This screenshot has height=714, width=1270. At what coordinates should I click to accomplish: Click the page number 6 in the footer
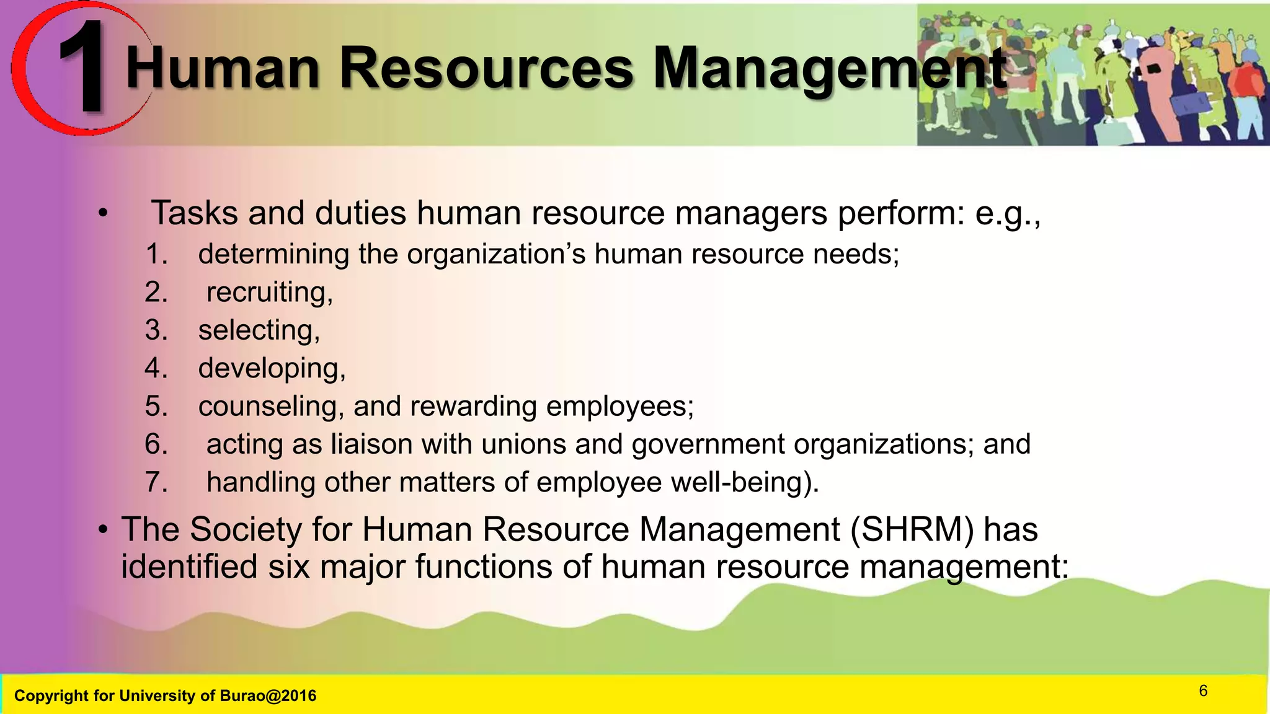click(x=1203, y=690)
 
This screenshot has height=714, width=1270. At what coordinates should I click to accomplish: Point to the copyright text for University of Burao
click(x=165, y=695)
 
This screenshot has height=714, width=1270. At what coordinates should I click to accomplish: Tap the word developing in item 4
click(x=272, y=369)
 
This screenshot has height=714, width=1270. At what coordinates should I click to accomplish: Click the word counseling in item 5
click(x=271, y=407)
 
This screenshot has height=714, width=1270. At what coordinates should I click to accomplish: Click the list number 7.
click(x=156, y=482)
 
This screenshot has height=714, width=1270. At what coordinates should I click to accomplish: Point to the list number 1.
click(x=156, y=254)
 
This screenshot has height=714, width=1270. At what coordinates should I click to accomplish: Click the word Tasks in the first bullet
click(x=194, y=213)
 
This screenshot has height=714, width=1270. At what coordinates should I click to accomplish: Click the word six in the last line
click(x=288, y=567)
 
